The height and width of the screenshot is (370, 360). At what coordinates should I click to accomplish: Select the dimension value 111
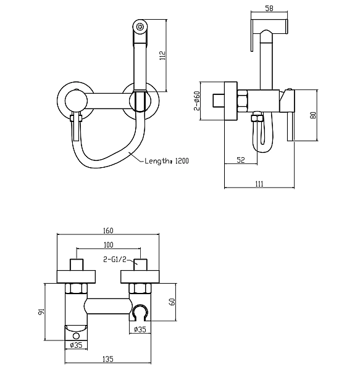click(259, 183)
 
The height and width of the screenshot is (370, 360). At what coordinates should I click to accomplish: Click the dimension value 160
click(107, 231)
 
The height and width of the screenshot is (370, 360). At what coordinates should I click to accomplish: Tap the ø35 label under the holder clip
click(140, 329)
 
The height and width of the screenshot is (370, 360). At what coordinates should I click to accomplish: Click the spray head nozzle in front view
click(140, 27)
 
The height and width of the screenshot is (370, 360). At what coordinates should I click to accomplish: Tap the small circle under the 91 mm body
click(77, 335)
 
